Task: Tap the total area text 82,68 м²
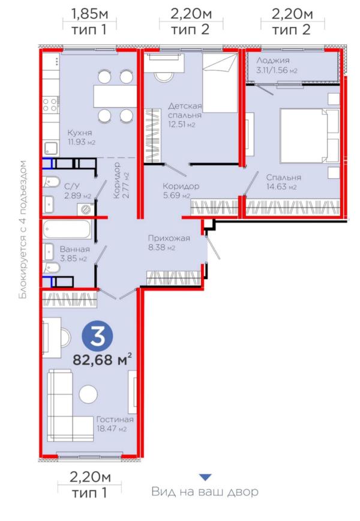(102, 360)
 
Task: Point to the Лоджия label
(273, 65)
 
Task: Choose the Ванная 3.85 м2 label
(74, 253)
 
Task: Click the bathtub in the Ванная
(67, 229)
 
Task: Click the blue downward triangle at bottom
(205, 477)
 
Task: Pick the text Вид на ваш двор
(205, 493)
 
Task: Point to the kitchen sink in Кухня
(50, 148)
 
